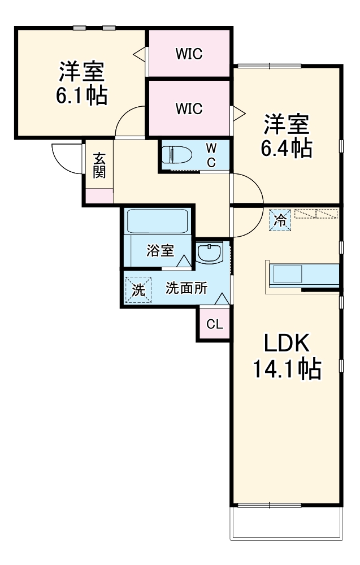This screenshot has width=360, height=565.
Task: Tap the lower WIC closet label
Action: pos(189,108)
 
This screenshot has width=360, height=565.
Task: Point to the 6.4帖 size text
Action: pos(287,148)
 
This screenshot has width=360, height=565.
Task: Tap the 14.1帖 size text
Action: pos(287,370)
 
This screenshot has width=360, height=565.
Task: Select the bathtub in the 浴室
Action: pos(157,221)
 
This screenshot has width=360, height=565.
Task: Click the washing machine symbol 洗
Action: pos(138,289)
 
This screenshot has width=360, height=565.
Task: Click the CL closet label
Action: pos(214,324)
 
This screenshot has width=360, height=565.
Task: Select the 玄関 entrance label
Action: pos(99,164)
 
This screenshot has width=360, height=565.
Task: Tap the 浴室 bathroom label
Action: pos(160,251)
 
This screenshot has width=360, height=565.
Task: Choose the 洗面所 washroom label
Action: pos(186,288)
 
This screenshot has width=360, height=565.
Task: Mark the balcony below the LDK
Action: pos(287,523)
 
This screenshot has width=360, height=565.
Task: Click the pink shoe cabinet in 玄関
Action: pos(99,195)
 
